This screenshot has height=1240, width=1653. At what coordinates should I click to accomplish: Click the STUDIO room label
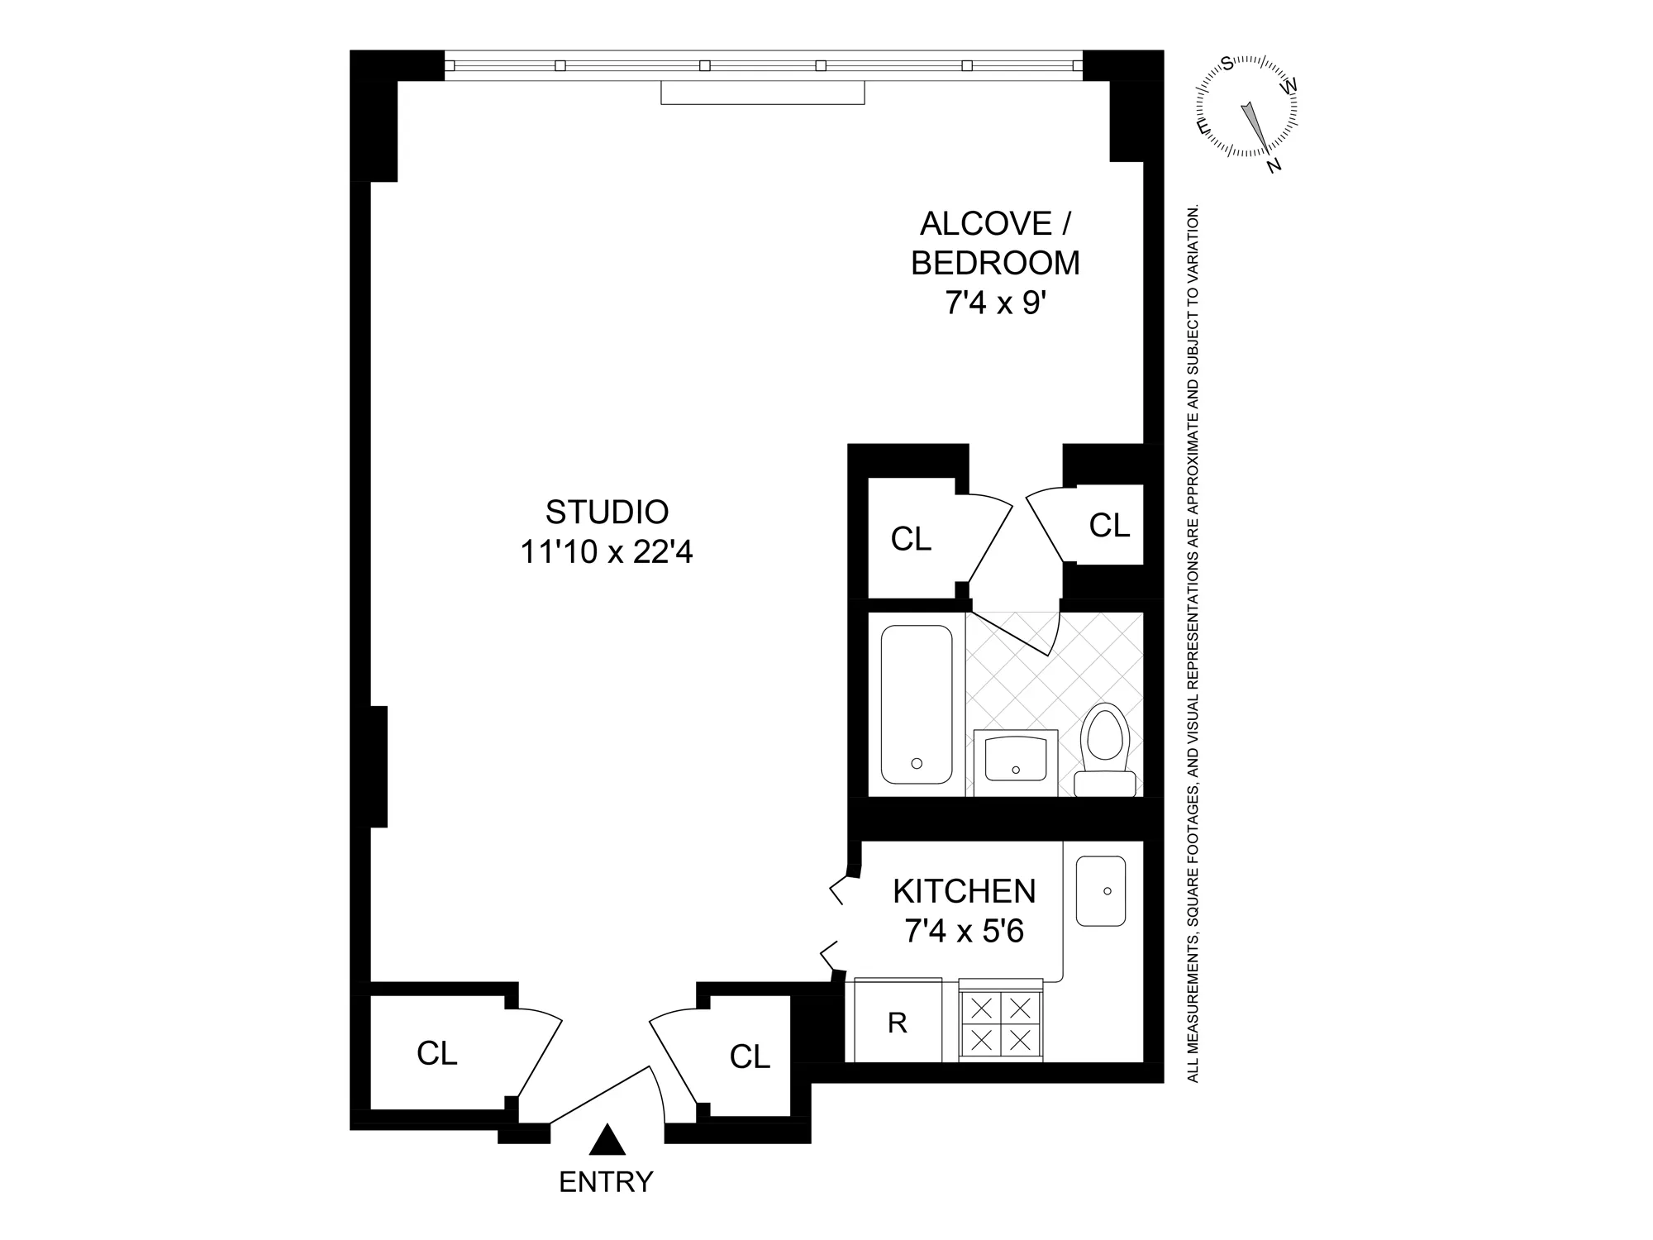(607, 513)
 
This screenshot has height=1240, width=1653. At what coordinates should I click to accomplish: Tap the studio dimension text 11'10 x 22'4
(607, 552)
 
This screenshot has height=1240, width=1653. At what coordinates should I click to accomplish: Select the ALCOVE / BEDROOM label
(995, 243)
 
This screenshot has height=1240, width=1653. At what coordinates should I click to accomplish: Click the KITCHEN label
(964, 891)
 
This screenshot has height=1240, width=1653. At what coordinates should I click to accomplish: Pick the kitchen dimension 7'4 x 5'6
(964, 932)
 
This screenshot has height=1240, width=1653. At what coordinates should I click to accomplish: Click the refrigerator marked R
(898, 1023)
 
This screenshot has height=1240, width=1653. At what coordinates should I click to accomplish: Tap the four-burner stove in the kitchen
(1001, 1023)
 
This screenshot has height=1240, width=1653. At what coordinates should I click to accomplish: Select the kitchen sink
(1101, 891)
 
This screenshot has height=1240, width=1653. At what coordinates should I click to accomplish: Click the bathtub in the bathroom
(917, 704)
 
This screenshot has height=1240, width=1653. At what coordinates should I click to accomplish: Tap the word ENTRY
(606, 1182)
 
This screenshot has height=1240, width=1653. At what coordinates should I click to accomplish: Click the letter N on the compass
(1274, 165)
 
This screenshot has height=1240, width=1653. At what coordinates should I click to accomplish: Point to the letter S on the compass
(1227, 63)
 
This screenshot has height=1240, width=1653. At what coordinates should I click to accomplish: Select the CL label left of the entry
(436, 1053)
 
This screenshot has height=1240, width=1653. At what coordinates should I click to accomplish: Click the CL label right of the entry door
(750, 1056)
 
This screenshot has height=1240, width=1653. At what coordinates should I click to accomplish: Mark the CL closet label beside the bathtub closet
(911, 539)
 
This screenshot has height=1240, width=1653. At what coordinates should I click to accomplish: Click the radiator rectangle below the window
(762, 93)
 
